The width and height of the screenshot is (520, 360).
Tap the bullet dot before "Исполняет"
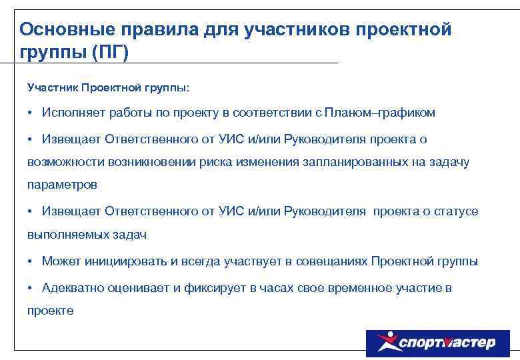point(31,113)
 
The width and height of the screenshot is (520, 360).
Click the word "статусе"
point(456,211)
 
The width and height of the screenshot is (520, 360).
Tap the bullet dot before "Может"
point(31,261)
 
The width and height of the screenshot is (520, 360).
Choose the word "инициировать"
point(117,261)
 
